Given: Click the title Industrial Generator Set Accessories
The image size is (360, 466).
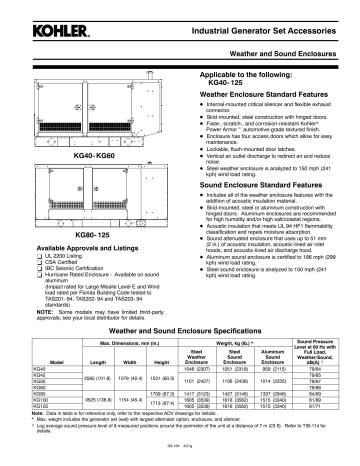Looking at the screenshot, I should (x=259, y=14).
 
